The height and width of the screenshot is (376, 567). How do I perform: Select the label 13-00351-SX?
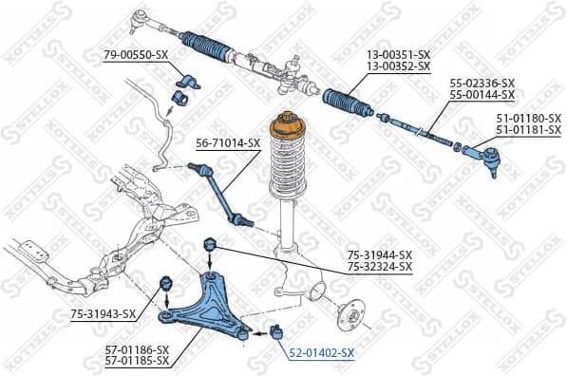pyautogui.click(x=398, y=56)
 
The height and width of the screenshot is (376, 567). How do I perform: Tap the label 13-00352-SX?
pyautogui.click(x=398, y=67)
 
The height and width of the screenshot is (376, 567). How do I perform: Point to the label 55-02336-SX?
pyautogui.click(x=482, y=84)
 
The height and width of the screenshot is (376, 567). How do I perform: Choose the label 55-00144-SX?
pyautogui.click(x=482, y=95)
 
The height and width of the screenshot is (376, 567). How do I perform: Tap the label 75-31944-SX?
pyautogui.click(x=379, y=255)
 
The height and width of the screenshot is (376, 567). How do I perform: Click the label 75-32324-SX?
pyautogui.click(x=379, y=267)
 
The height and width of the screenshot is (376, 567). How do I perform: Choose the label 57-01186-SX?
pyautogui.click(x=137, y=349)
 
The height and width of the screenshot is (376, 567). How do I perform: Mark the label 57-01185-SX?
pyautogui.click(x=137, y=361)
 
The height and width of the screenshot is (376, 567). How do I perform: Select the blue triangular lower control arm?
pyautogui.click(x=208, y=304)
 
